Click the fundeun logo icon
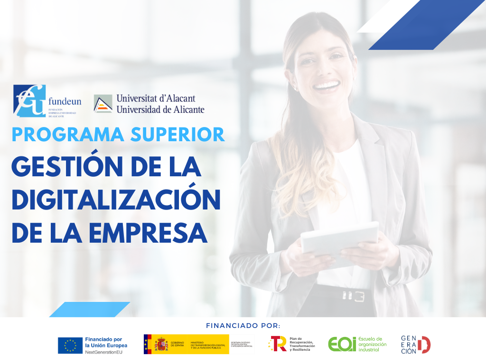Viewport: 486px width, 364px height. point(29,100)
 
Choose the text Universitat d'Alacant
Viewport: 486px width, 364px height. point(156,99)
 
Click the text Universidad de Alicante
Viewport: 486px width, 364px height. point(160,109)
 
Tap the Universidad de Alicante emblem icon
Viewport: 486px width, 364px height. point(103,103)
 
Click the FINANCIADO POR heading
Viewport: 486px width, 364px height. point(243,326)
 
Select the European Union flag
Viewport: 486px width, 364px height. point(70,346)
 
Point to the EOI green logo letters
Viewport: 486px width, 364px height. point(341,344)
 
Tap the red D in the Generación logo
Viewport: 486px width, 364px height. point(424,345)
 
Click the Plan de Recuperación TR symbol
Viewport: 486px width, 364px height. point(277,344)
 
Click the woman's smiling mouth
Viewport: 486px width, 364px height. point(327,85)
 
